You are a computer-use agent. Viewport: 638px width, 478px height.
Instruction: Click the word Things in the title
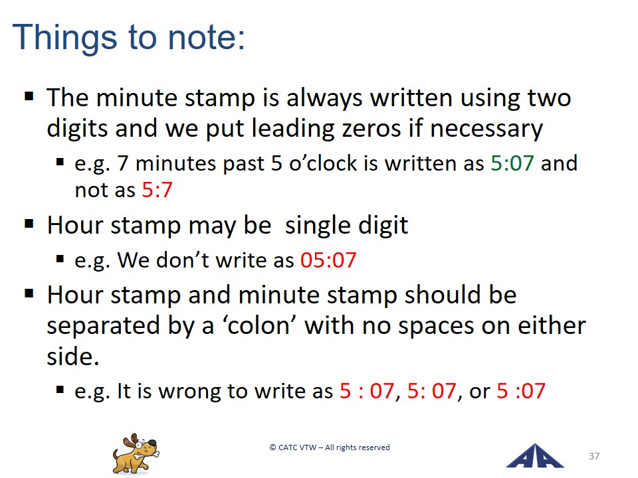click(64, 38)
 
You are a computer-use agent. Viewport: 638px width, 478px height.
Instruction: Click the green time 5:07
click(512, 163)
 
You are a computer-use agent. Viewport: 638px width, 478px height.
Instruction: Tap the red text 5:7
click(157, 189)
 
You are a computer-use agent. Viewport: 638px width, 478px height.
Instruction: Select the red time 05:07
click(328, 260)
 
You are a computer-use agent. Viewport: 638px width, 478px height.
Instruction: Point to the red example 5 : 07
click(367, 390)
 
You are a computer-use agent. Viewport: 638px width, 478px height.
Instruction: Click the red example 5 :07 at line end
click(521, 390)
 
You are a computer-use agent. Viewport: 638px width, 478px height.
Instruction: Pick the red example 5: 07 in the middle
click(431, 390)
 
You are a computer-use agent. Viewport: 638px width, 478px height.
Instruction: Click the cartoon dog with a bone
click(136, 453)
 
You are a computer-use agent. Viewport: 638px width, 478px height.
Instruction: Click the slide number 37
click(594, 456)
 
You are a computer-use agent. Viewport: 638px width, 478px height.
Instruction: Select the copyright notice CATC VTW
click(330, 447)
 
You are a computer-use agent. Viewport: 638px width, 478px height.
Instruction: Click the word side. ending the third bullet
click(73, 357)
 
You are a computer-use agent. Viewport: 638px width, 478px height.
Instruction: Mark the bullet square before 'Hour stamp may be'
click(29, 223)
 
